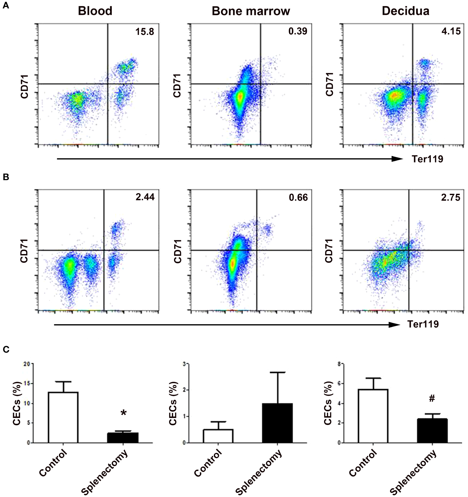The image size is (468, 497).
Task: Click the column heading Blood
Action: point(95,11)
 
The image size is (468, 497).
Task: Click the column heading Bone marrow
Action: point(251,11)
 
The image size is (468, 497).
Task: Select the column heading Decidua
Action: point(406,11)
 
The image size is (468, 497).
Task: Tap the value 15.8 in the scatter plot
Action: point(145,32)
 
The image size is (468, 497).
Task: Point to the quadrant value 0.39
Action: point(298,31)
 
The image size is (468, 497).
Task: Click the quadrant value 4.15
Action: point(451,31)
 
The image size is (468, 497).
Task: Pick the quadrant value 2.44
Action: point(145,197)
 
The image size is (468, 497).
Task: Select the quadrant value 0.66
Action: point(298,198)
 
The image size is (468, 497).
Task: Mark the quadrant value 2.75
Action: point(451,198)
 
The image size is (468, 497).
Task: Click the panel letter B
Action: point(6,177)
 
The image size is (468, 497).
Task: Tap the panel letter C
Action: point(6,350)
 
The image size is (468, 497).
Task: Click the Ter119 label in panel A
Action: point(427,159)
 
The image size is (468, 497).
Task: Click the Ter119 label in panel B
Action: point(423,324)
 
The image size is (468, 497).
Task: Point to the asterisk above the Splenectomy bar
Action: point(124,413)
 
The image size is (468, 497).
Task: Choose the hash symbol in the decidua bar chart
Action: point(432,399)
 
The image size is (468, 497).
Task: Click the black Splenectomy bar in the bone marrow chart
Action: point(277,423)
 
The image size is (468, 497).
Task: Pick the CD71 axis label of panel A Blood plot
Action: point(24,86)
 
